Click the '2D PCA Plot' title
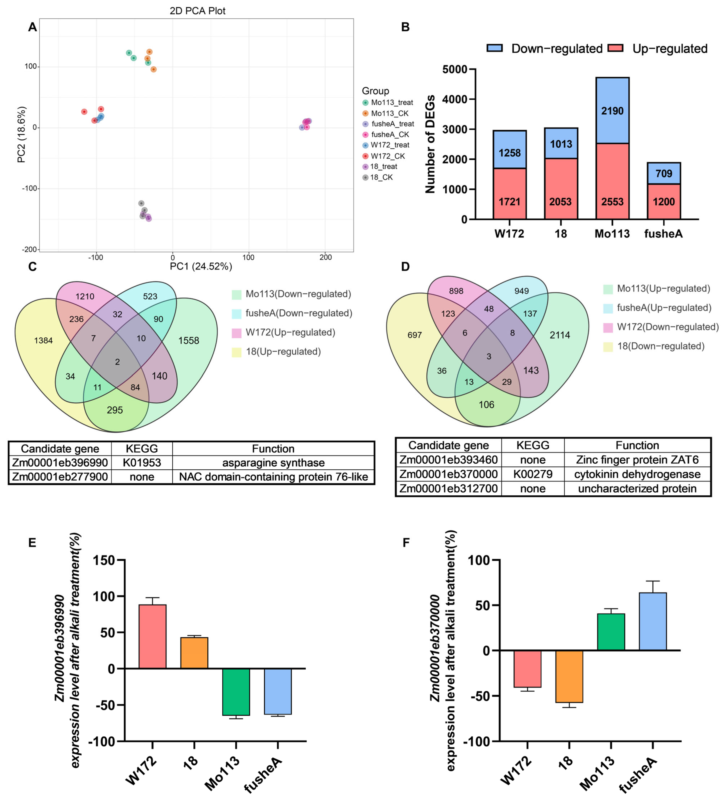tap(197, 11)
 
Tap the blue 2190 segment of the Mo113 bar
tap(612, 111)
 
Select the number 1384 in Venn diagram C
tap(43, 340)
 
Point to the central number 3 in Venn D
tap(489, 356)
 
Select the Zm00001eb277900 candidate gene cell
tap(60, 477)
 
